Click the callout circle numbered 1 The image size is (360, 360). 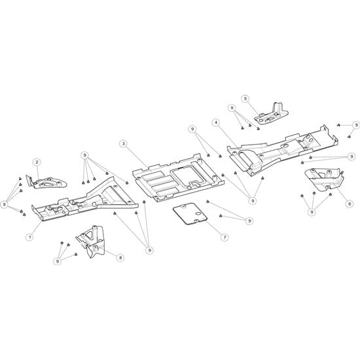coord(29,237)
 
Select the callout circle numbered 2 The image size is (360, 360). coord(37,162)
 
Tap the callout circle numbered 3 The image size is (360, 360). coord(123,144)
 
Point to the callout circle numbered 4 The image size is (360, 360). coord(216,122)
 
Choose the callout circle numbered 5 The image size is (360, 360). coord(245,99)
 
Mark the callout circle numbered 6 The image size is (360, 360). coord(350,204)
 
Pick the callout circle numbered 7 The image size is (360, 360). coord(225,237)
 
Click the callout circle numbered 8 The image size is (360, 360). coord(120,258)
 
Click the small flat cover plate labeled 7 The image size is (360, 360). coord(190,213)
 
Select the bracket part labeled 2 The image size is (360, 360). coord(46,182)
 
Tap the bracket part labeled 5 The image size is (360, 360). coord(272,115)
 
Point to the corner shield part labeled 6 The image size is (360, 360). coord(324,180)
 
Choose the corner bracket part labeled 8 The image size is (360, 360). coord(91,242)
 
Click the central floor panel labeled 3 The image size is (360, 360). coord(179,177)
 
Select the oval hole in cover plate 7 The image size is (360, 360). coord(198,214)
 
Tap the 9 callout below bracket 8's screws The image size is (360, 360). coord(58,261)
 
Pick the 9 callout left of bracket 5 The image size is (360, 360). coord(232,108)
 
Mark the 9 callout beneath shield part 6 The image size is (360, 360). coord(312,212)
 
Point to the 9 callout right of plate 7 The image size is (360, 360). coord(249,221)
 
